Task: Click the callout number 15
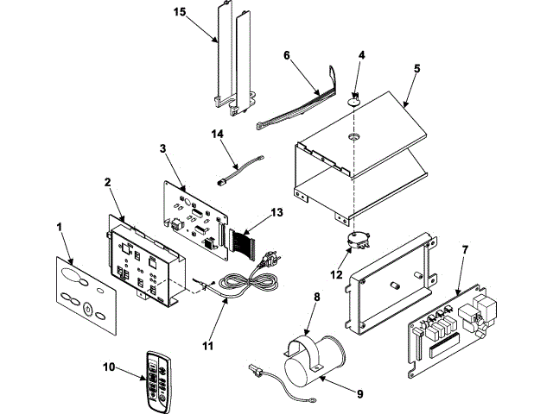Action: point(180,12)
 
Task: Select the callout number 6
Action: point(287,55)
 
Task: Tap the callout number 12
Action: point(336,274)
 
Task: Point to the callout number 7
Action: point(465,250)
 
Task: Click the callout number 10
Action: point(109,367)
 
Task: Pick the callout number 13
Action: point(276,213)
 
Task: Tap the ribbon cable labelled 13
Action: point(242,243)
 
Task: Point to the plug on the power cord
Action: point(270,259)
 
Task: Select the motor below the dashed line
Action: point(357,241)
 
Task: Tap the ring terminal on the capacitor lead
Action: point(312,400)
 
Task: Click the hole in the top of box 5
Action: point(353,136)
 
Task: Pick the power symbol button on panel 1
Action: point(87,309)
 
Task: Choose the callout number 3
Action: point(162,148)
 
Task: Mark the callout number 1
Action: point(60,227)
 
